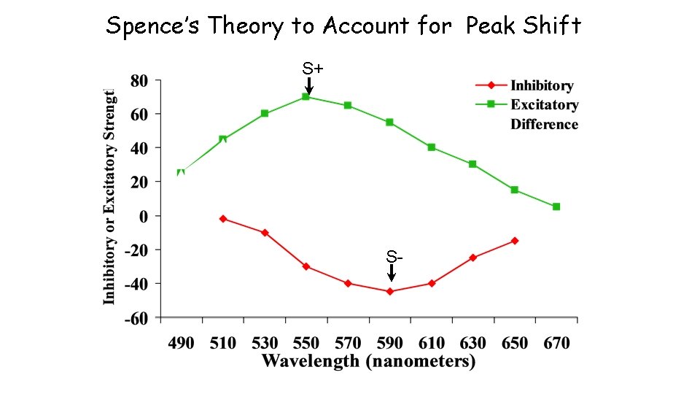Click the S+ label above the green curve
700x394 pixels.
tap(313, 69)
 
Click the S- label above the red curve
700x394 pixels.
tap(394, 257)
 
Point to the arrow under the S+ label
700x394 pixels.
tap(309, 85)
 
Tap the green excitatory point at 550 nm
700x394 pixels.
tap(306, 96)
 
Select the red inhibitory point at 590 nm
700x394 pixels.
tap(390, 291)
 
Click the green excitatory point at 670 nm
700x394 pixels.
tap(556, 206)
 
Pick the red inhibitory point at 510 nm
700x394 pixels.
tap(223, 219)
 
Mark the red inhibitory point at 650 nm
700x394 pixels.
tap(515, 241)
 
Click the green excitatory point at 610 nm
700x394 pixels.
tap(432, 147)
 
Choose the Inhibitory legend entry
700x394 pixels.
tap(542, 85)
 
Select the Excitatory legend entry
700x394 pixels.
tap(544, 104)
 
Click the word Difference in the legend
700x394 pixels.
tap(544, 124)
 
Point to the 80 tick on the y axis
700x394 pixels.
tap(139, 80)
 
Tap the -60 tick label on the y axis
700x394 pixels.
tap(135, 317)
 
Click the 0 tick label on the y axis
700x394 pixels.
tap(143, 216)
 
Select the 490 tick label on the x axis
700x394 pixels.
tap(181, 343)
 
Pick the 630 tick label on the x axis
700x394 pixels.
tap(472, 343)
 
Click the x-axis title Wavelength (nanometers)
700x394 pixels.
tap(368, 361)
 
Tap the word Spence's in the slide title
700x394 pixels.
tap(154, 26)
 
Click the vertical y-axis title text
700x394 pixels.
tap(109, 197)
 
